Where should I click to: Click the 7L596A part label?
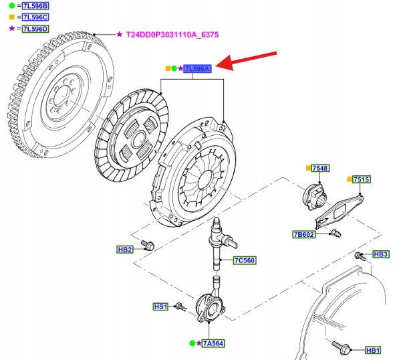(x=197, y=69)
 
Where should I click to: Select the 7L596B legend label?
(x=35, y=5)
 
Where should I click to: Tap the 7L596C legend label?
(x=35, y=17)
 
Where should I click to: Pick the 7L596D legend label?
(x=35, y=29)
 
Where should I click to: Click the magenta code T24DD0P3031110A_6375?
(x=172, y=35)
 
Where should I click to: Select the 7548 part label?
(x=320, y=168)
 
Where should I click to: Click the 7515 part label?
(x=361, y=179)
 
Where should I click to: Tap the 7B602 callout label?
(x=303, y=235)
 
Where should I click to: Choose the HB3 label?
(x=381, y=254)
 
